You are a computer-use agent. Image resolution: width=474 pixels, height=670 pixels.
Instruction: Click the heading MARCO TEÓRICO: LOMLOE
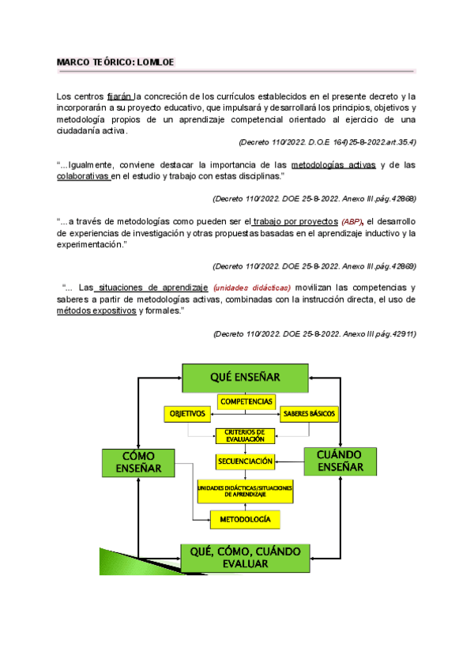pyautogui.click(x=121, y=62)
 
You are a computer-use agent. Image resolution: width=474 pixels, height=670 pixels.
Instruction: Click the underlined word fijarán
pyautogui.click(x=120, y=96)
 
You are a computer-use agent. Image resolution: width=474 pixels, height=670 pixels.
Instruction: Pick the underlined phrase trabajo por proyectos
pyautogui.click(x=294, y=221)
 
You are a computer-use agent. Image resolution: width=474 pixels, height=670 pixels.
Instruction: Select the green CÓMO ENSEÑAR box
pyautogui.click(x=137, y=462)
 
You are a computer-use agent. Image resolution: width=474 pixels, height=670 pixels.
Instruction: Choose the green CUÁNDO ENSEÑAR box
pyautogui.click(x=340, y=461)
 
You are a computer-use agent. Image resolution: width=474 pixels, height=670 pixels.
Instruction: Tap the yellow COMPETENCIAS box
pyautogui.click(x=246, y=401)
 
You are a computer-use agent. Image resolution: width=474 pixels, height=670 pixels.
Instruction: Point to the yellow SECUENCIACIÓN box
pyautogui.click(x=245, y=461)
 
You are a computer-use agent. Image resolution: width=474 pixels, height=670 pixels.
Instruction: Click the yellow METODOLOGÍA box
pyautogui.click(x=245, y=519)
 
